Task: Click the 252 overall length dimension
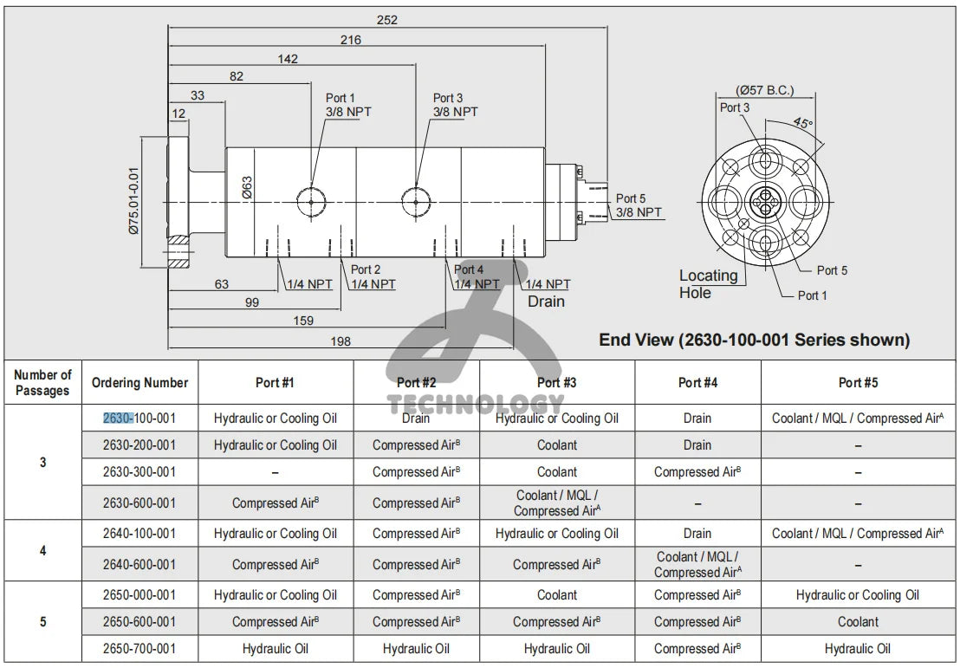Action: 387,20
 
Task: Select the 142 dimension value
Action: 288,59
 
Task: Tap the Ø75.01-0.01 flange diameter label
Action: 134,200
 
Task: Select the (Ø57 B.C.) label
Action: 764,89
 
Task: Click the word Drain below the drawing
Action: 546,302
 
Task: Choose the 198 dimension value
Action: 341,341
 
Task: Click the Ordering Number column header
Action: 139,383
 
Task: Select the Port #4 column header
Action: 697,383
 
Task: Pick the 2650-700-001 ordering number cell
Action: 139,648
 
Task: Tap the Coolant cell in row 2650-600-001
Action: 857,622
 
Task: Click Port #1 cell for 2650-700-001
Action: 275,648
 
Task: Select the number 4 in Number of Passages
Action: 43,550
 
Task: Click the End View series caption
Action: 754,340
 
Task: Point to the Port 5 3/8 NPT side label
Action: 639,205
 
